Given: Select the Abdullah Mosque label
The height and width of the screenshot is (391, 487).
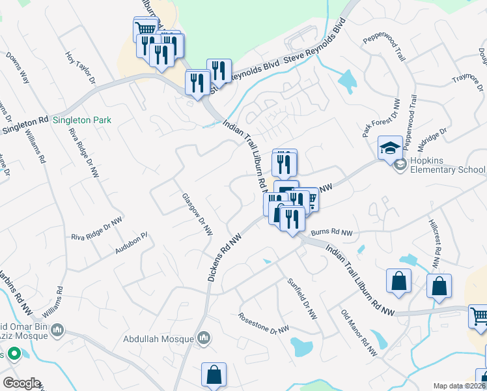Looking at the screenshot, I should click(160, 339).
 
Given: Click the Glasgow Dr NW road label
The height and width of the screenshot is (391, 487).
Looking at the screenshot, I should click(197, 214).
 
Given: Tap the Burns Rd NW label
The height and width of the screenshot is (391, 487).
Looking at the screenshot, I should click(331, 232).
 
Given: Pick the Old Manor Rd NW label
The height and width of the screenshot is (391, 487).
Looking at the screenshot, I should click(359, 332).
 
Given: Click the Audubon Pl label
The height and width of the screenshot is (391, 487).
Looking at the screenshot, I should click(132, 243).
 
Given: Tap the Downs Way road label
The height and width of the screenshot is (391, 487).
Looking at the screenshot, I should click(18, 68).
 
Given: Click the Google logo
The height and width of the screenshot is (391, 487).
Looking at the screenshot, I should click(21, 383).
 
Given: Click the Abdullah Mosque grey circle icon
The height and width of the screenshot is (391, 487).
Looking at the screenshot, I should click(204, 338).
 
